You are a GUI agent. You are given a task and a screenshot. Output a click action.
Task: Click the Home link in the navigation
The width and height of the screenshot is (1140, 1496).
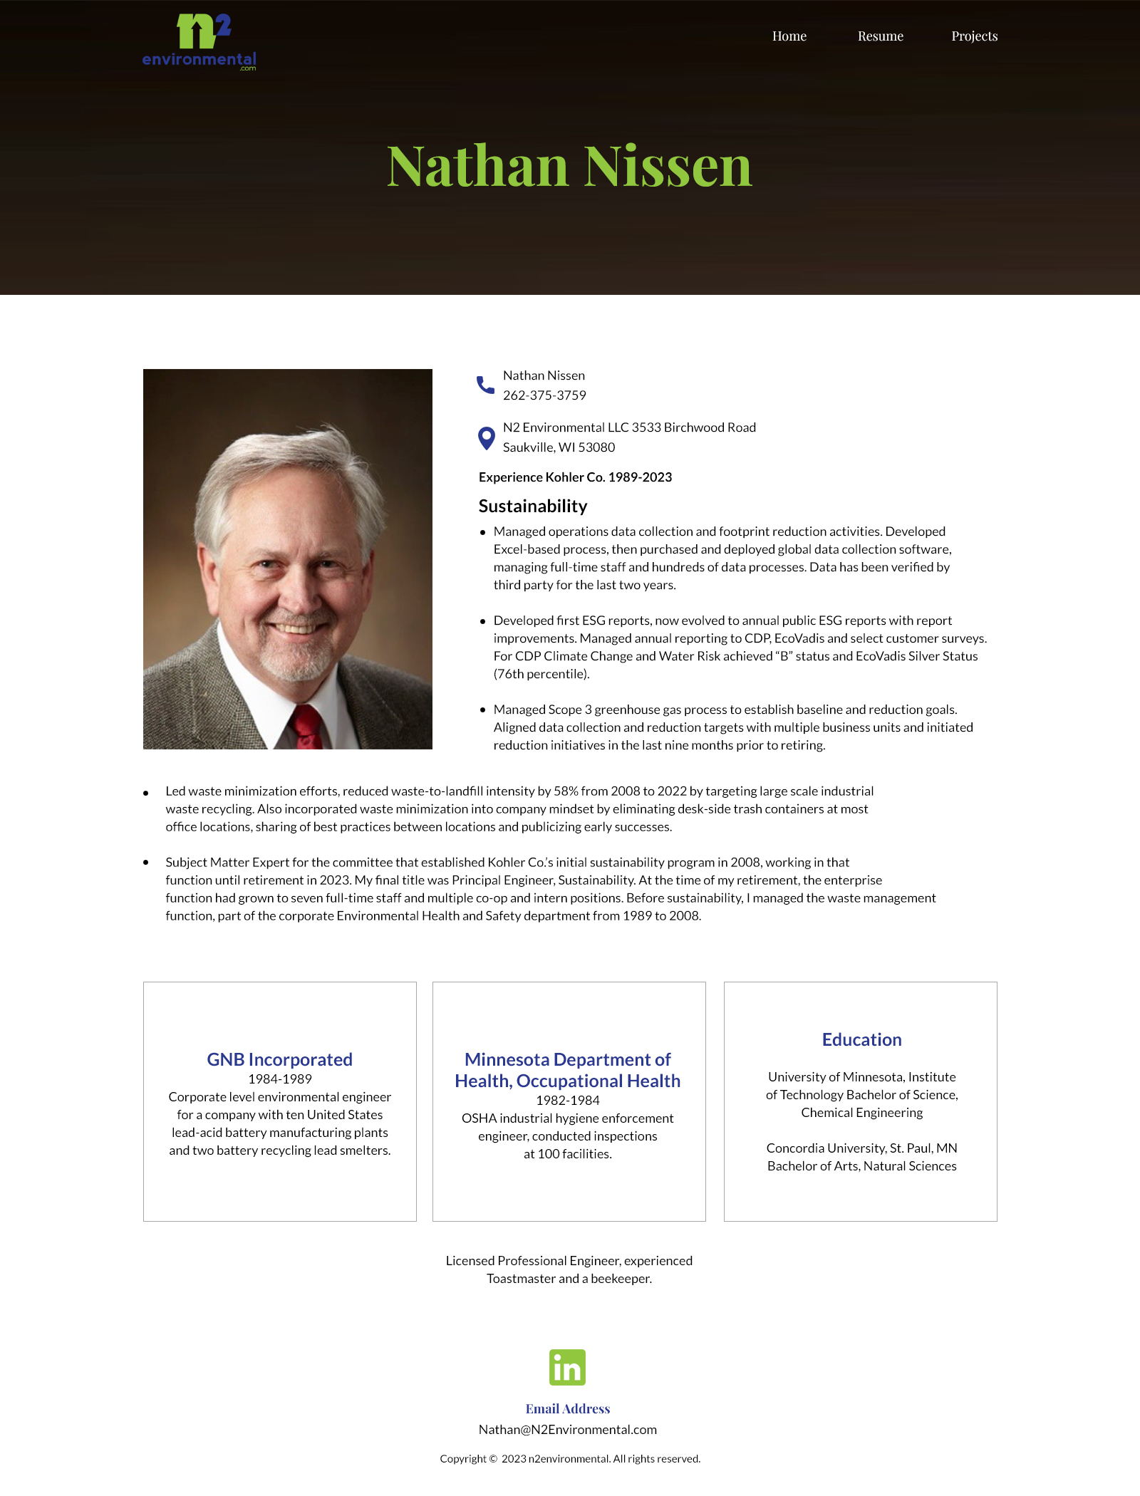point(789,36)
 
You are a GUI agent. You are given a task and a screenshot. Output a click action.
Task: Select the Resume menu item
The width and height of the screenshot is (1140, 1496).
point(880,36)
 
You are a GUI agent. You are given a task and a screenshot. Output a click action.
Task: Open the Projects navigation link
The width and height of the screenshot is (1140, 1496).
point(974,36)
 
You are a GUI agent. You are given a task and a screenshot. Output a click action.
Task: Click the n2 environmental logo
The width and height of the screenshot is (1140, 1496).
point(199,42)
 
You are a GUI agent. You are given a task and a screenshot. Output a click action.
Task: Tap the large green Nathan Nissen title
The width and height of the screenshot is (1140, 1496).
point(569,166)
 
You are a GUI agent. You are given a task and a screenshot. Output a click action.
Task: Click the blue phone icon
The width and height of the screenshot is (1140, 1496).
point(485,385)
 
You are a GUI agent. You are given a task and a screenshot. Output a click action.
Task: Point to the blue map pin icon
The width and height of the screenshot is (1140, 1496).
point(486,438)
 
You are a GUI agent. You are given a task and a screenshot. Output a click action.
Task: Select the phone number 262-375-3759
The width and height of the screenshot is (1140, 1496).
point(544,395)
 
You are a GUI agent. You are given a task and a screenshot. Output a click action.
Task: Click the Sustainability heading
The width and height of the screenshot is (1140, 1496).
point(533,507)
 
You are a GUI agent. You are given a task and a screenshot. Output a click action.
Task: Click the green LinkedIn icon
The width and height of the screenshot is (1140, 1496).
point(567,1367)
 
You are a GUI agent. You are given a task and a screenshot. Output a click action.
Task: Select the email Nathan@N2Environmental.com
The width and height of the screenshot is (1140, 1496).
point(568,1430)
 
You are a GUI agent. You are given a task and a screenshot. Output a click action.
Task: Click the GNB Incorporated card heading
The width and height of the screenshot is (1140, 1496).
point(279,1059)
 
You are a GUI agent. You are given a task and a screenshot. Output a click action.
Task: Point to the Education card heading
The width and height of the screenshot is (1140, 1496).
point(861,1039)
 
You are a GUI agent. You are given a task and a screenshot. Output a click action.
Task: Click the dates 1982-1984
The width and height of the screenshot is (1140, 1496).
point(568,1101)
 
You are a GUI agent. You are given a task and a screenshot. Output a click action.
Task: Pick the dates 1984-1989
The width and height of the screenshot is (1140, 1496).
point(279,1079)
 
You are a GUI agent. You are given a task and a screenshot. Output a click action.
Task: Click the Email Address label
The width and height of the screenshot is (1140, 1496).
point(568,1408)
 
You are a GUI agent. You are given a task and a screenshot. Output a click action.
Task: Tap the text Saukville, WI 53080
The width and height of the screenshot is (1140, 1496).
point(559,447)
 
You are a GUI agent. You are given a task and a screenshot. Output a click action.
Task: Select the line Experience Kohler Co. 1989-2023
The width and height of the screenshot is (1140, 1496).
point(575,477)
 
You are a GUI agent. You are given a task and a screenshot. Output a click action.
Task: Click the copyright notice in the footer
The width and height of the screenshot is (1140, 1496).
point(570,1459)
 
